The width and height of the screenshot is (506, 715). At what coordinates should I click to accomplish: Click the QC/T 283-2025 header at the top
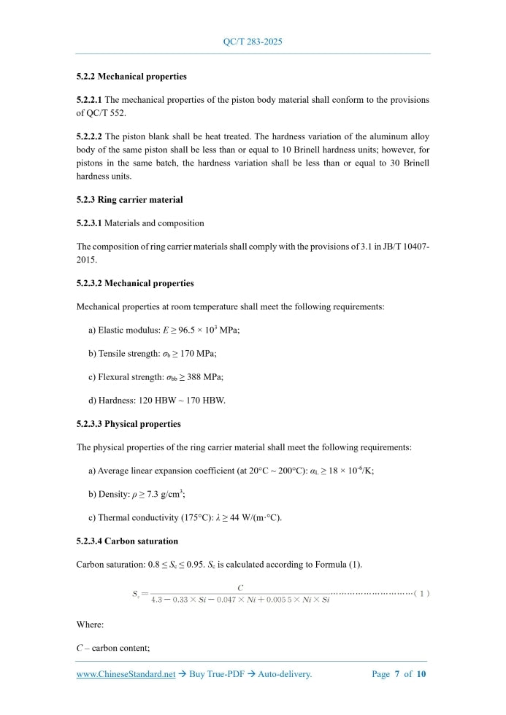(253, 42)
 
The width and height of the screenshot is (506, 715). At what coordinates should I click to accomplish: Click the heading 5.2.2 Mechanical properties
(131, 76)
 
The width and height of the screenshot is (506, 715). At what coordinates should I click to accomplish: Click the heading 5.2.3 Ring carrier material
(129, 199)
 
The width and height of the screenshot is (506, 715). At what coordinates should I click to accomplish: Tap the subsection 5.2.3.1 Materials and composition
(140, 223)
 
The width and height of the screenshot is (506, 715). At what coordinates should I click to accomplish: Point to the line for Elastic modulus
(164, 330)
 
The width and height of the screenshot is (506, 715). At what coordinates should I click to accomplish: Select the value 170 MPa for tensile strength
(199, 353)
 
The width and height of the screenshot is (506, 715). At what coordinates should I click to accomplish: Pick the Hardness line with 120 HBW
(157, 400)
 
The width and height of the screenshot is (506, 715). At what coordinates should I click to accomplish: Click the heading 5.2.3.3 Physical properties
(129, 423)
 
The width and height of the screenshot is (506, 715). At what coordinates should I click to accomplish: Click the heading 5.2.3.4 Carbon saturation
(127, 541)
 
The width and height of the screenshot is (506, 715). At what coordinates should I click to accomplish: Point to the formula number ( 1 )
(421, 593)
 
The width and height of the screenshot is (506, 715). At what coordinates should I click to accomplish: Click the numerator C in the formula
(240, 587)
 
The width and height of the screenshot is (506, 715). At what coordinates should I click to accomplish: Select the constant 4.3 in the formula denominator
(156, 600)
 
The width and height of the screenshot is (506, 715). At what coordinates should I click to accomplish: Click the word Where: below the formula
(90, 625)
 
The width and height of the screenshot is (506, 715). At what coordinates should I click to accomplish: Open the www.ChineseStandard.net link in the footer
(126, 674)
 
